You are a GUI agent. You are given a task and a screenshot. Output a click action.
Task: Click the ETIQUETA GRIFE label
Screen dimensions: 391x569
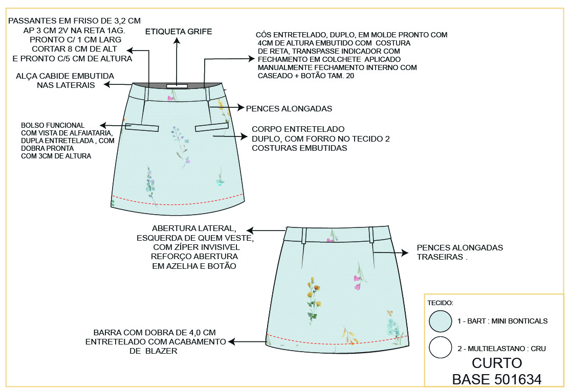click(x=179, y=32)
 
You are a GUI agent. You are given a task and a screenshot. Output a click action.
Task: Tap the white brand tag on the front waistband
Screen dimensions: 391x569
click(x=177, y=86)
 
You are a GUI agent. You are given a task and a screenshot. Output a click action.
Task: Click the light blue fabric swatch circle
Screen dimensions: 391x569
click(x=440, y=321)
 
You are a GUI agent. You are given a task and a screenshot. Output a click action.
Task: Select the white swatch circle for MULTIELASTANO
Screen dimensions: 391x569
click(x=440, y=348)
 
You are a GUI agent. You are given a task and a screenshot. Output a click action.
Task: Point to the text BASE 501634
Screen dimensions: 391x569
click(x=496, y=379)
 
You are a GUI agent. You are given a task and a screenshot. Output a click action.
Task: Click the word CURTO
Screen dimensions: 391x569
click(x=496, y=363)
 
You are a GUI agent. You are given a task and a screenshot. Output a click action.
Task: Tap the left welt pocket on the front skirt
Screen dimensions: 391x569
click(x=142, y=128)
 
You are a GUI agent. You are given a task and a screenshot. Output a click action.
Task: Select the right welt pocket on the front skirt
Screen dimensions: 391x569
click(x=211, y=128)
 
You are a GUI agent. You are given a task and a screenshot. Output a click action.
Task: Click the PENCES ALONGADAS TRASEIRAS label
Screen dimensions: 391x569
click(x=459, y=252)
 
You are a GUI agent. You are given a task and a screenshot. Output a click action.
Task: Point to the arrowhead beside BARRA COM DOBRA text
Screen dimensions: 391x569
click(x=231, y=341)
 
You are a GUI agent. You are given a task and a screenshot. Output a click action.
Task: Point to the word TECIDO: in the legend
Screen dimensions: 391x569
click(x=441, y=303)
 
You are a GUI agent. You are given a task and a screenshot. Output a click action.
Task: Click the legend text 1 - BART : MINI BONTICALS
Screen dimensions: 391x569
click(x=502, y=321)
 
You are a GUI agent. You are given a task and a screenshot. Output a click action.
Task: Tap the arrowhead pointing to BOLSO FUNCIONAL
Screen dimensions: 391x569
click(x=102, y=125)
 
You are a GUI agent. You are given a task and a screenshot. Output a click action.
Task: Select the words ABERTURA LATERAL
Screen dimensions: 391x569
click(x=194, y=228)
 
